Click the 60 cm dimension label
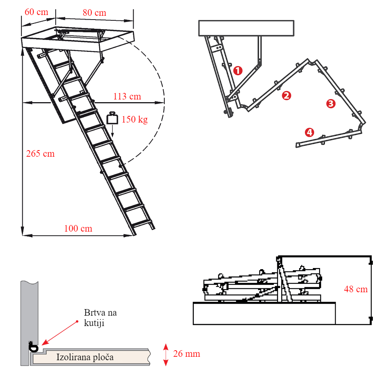[x=36, y=12]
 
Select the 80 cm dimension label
[x=94, y=13]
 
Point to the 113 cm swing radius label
[x=127, y=96]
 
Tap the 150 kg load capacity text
[x=135, y=119]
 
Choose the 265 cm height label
[x=40, y=154]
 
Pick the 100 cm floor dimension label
[x=78, y=228]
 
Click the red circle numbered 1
[x=238, y=71]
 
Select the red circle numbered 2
[x=286, y=96]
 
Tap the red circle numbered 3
[x=331, y=104]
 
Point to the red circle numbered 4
[x=309, y=132]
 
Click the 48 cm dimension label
[x=356, y=289]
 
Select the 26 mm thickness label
[x=187, y=354]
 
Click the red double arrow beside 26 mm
[x=166, y=355]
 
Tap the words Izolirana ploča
[x=85, y=357]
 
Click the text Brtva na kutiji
[x=100, y=318]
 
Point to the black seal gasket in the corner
[x=33, y=347]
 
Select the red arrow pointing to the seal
[x=60, y=333]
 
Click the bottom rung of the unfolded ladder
[x=141, y=223]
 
